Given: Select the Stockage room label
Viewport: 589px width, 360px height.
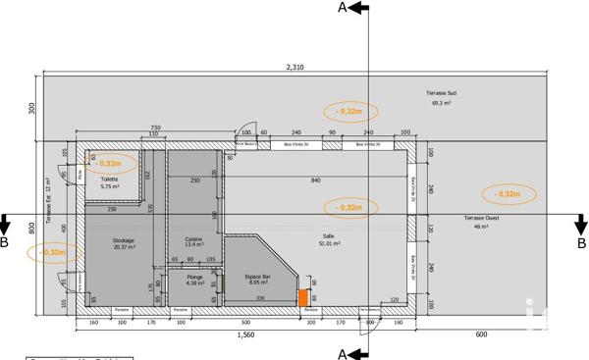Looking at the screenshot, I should coord(124,243).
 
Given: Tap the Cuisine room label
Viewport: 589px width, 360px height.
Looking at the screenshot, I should coord(194,242).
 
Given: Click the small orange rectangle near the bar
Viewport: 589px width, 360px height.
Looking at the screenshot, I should coord(304,297).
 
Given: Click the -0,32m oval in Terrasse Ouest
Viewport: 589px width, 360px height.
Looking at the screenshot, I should coord(509,193).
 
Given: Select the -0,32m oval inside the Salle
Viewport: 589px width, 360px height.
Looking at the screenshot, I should coord(348,207).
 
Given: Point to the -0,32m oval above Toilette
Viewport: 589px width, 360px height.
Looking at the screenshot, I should coord(109,163).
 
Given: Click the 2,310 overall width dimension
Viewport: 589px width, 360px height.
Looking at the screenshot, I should coord(294,67).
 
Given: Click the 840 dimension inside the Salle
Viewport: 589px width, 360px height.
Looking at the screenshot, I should coord(315,180).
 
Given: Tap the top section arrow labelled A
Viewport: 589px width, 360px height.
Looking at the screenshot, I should coord(353,9).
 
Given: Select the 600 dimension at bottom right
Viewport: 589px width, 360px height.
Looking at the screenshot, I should coord(480,334).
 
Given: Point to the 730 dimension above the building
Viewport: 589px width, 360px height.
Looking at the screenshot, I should coord(154,127).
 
